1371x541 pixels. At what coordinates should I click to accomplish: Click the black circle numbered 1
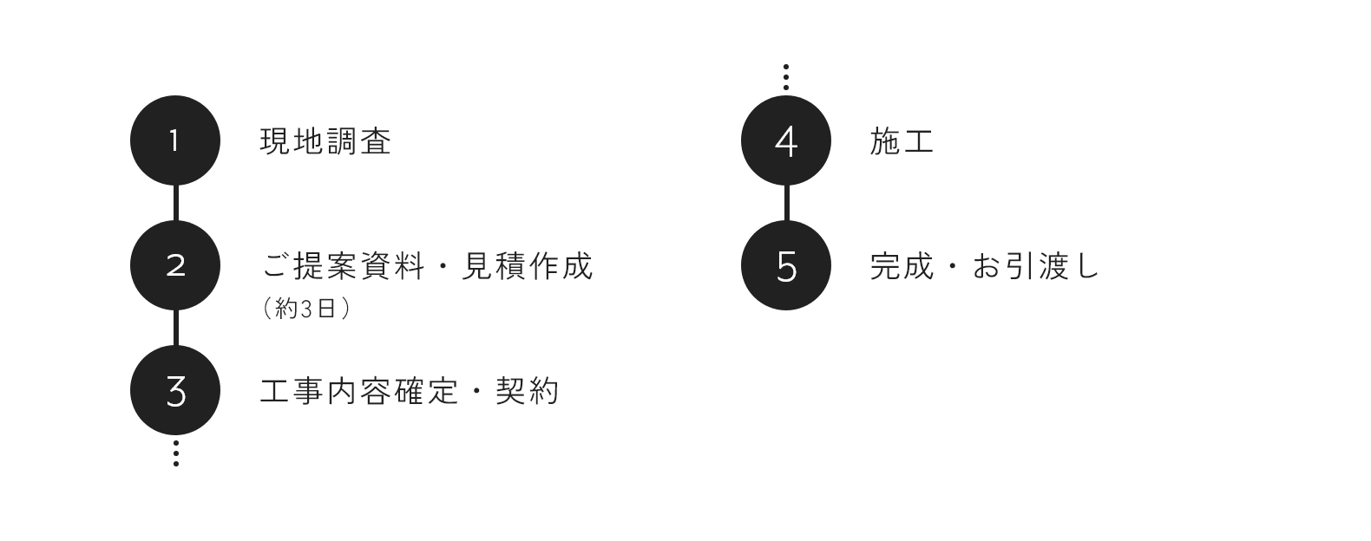coord(175,140)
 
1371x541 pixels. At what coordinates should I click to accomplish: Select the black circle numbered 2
coord(175,265)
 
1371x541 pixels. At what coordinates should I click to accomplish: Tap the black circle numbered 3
coord(175,390)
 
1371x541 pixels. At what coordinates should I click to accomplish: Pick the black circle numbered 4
coord(786,140)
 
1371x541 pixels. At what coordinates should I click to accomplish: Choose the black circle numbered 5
coord(786,265)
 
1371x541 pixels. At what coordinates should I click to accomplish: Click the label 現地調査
coord(325,141)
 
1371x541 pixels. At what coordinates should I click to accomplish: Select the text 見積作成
coord(527,266)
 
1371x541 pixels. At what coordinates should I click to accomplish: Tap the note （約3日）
coord(306,308)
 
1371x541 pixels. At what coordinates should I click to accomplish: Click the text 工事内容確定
coord(359,391)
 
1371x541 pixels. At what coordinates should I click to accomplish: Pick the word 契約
coord(528,391)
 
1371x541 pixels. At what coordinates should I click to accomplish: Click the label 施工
coord(902,141)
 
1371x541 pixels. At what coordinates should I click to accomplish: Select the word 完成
coord(902,266)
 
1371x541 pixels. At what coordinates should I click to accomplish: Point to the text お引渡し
coord(1035,266)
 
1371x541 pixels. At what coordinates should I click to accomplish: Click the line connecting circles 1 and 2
coord(175,203)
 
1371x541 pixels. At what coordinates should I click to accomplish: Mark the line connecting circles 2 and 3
coord(175,328)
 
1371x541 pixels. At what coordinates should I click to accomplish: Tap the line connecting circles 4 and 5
coord(786,203)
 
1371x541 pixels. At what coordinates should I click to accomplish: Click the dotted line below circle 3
coord(175,453)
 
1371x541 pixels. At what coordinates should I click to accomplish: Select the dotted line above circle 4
coord(786,77)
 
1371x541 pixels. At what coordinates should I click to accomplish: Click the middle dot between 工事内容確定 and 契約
coord(477,391)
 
